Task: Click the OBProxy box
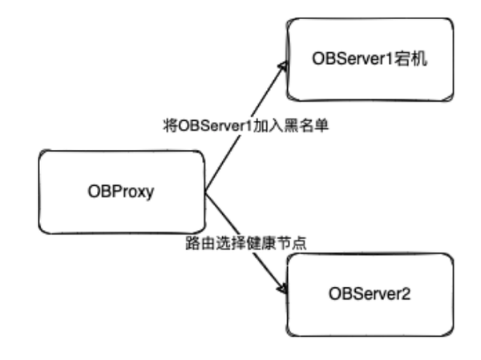coord(123,193)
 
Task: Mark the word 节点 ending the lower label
coord(293,243)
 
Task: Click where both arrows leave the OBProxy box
coord(205,192)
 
